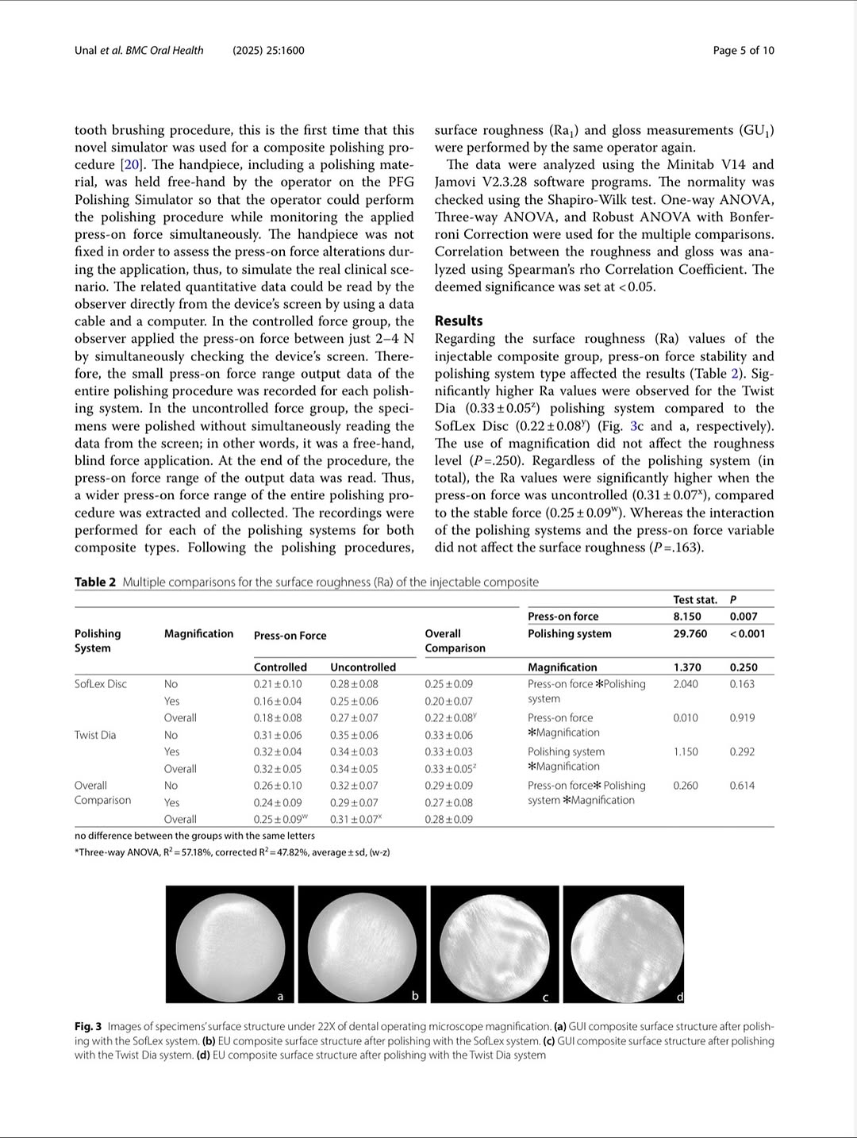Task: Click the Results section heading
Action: coord(459,321)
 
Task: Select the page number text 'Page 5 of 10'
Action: coord(743,51)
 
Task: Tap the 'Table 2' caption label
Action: coord(95,582)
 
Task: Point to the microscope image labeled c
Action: coord(490,943)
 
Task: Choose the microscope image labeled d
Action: coord(624,943)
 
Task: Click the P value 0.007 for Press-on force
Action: coord(743,616)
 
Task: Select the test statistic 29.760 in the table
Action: coord(690,633)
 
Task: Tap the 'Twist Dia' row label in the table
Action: coord(95,735)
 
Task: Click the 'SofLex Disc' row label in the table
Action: coord(101,683)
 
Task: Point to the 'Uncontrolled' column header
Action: coord(363,667)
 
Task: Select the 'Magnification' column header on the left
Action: coord(198,633)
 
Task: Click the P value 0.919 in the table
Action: coord(742,717)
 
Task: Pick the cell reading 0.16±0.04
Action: coord(278,701)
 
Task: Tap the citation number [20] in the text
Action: coord(130,164)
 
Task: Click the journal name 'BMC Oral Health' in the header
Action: coord(164,51)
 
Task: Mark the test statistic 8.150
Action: coord(687,616)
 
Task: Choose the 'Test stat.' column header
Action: coord(695,600)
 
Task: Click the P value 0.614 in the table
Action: coord(742,785)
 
